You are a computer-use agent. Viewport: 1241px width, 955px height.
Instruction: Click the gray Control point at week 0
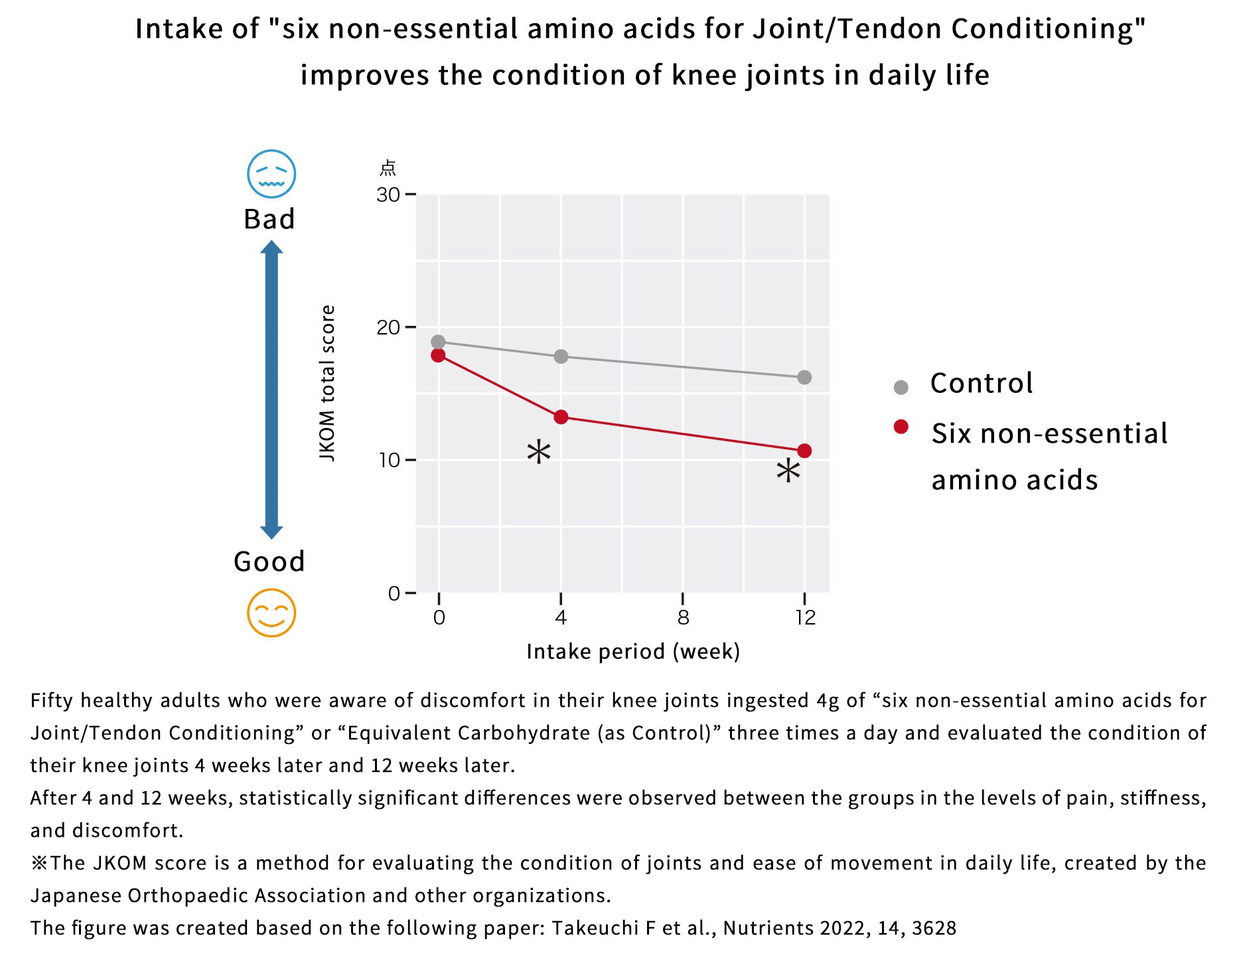tap(438, 342)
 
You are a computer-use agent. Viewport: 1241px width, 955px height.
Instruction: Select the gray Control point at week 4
tap(561, 356)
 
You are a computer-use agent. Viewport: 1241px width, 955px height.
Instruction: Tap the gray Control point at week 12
tap(804, 377)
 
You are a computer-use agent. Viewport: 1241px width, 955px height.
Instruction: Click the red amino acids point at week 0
tap(438, 355)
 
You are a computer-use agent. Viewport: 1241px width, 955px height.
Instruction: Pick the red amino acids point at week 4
tap(561, 417)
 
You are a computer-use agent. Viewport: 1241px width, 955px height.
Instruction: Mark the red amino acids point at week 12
tap(804, 451)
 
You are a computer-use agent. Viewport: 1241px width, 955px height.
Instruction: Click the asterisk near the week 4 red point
tap(538, 453)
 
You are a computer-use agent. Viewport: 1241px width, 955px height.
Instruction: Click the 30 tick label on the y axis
tap(388, 194)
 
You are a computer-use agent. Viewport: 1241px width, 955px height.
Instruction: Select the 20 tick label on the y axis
tap(388, 327)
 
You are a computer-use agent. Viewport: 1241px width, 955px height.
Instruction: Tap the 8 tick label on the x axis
tap(683, 618)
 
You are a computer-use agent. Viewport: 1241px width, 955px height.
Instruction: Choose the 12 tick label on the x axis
tap(805, 618)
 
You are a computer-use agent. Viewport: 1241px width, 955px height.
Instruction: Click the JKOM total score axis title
tap(327, 383)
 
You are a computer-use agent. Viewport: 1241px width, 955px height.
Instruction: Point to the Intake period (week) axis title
tap(632, 652)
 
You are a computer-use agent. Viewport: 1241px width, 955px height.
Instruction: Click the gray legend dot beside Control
tap(901, 387)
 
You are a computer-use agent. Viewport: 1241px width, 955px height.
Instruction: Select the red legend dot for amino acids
tap(901, 427)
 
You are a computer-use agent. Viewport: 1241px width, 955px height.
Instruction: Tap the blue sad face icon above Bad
tap(271, 174)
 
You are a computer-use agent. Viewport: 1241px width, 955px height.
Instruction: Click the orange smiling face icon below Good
tap(271, 613)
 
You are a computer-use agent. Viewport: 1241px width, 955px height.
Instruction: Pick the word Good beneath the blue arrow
tap(269, 561)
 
